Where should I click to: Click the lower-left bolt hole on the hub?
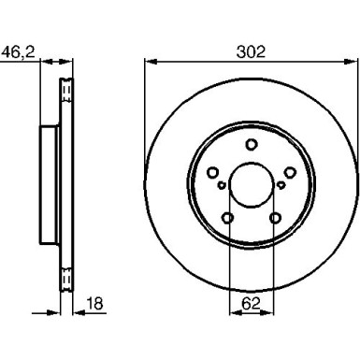click(x=227, y=217)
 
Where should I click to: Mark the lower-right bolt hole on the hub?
click(x=274, y=217)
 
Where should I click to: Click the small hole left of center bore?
click(x=222, y=185)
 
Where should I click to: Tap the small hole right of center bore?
click(x=280, y=185)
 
